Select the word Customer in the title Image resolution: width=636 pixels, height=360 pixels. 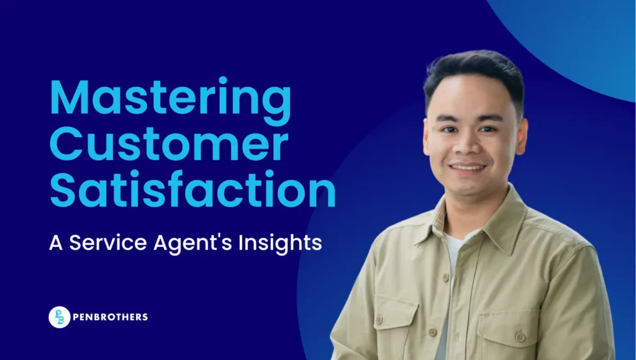[169, 145]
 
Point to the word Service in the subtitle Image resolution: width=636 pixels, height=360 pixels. [108, 243]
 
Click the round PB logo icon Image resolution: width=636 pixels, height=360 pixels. [60, 317]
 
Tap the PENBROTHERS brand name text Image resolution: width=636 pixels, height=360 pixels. [111, 317]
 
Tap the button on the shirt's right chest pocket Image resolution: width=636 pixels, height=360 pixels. [379, 320]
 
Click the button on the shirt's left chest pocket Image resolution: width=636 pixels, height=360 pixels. [520, 336]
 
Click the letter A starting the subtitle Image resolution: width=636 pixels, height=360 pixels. [56, 243]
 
